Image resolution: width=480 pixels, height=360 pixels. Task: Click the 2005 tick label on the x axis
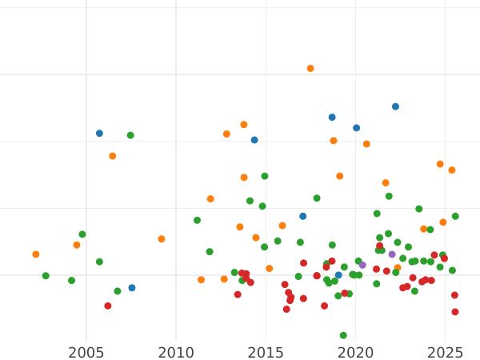[x=86, y=352]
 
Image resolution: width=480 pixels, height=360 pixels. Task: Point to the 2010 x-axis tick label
[x=176, y=352]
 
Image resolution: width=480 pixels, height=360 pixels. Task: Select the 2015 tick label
[x=266, y=352]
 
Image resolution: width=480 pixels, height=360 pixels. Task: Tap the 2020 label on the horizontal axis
[x=356, y=352]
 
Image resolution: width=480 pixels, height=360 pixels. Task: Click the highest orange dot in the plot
[x=310, y=69]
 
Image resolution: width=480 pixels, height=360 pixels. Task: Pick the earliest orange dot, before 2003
[x=36, y=254]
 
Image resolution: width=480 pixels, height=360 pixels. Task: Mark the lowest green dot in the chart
[x=343, y=336]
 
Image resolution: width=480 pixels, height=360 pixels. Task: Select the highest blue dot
[x=395, y=106]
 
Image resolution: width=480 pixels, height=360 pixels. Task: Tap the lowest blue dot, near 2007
[x=132, y=288]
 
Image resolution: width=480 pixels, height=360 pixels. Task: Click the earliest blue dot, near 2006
[x=99, y=134]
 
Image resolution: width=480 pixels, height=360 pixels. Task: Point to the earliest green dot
[x=46, y=276]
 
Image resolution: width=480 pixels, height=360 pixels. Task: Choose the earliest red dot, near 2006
[x=108, y=306]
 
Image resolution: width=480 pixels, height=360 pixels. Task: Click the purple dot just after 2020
[x=362, y=265]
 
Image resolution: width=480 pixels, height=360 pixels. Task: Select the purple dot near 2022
[x=392, y=254]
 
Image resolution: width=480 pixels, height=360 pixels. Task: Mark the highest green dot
[x=130, y=135]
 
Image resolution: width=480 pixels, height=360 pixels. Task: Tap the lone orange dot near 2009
[x=162, y=239]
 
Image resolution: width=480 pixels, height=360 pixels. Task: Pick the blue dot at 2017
[x=302, y=216]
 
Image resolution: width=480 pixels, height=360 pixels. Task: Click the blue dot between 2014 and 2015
[x=254, y=140]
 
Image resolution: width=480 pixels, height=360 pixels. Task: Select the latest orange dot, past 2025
[x=452, y=170]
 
